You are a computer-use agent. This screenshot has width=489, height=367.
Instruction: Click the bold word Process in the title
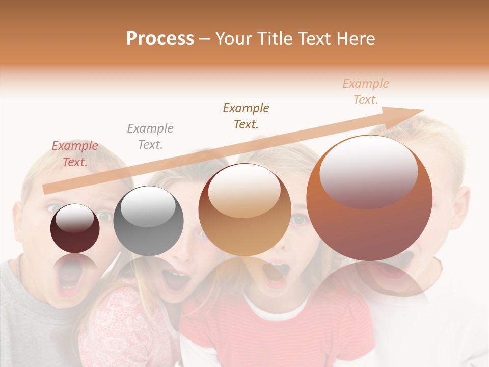coord(160,39)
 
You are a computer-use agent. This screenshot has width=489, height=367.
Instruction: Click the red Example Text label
coord(74,154)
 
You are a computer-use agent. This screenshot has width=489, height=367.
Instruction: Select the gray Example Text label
coord(150,137)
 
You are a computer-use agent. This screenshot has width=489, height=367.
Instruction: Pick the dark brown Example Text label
coord(246,116)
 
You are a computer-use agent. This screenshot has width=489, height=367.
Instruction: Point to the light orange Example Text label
coord(365,92)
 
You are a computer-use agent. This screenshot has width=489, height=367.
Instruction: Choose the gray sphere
coord(148,221)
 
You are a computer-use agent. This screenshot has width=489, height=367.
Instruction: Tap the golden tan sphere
coord(244,210)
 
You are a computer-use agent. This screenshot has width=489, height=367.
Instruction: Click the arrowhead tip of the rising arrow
coord(423,110)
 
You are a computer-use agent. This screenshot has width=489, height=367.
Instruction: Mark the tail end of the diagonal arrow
coord(45,189)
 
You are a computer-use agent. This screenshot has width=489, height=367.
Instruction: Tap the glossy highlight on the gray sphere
coord(148,206)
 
